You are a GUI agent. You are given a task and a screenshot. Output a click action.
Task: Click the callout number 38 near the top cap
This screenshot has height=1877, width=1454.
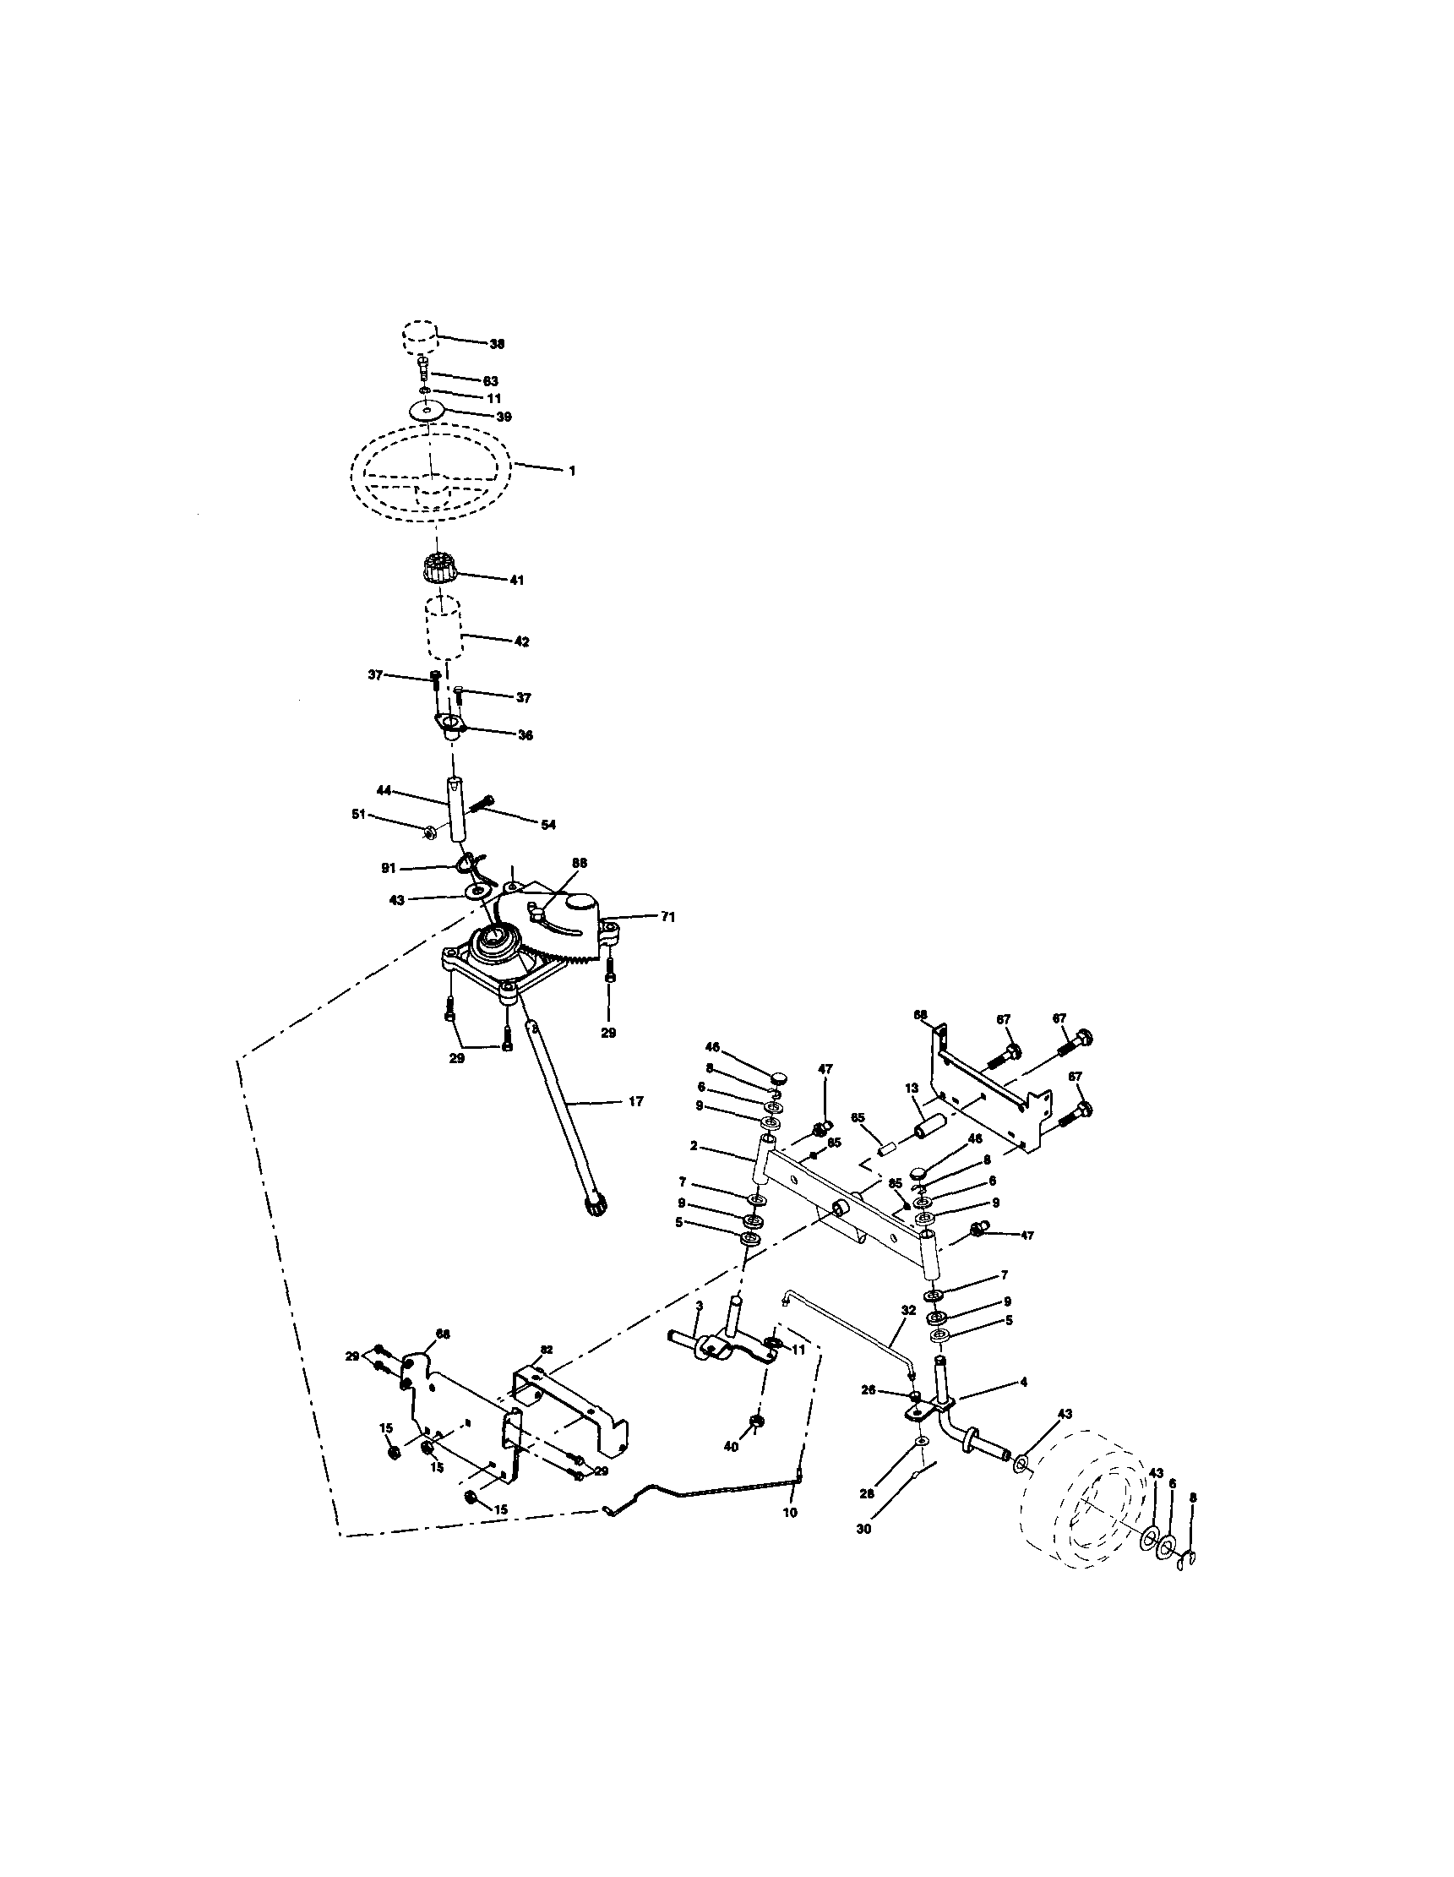point(497,344)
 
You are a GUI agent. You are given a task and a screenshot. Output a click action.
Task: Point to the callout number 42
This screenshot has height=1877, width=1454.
point(521,641)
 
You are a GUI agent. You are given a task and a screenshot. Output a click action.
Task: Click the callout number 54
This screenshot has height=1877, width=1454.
point(547,825)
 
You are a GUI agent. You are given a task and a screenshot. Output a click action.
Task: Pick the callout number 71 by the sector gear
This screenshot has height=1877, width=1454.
point(667,917)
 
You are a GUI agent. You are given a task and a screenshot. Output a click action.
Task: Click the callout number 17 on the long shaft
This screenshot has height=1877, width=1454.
point(635,1101)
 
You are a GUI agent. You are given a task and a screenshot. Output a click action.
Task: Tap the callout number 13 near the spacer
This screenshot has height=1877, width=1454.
point(912,1087)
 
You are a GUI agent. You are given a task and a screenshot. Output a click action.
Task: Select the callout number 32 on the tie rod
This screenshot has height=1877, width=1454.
point(908,1311)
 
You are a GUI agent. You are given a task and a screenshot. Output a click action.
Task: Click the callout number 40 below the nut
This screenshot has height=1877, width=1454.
point(732,1448)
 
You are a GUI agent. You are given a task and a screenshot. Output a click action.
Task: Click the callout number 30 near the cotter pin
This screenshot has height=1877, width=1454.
point(863,1529)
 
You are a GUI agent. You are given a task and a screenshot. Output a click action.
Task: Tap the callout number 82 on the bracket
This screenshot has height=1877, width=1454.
point(547,1350)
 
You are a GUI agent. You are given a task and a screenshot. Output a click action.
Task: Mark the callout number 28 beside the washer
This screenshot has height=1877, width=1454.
point(867,1493)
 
